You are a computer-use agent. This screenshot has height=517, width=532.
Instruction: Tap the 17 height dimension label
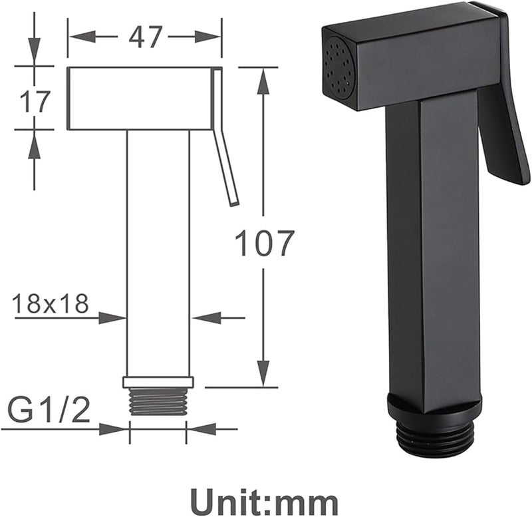(x=35, y=101)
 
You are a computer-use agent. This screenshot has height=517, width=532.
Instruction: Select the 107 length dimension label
(x=263, y=243)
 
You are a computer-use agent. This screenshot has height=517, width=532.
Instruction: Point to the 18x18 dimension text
(x=51, y=303)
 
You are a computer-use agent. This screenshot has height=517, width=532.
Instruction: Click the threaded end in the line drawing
(x=158, y=401)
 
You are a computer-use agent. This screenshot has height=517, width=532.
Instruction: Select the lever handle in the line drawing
(x=225, y=136)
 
